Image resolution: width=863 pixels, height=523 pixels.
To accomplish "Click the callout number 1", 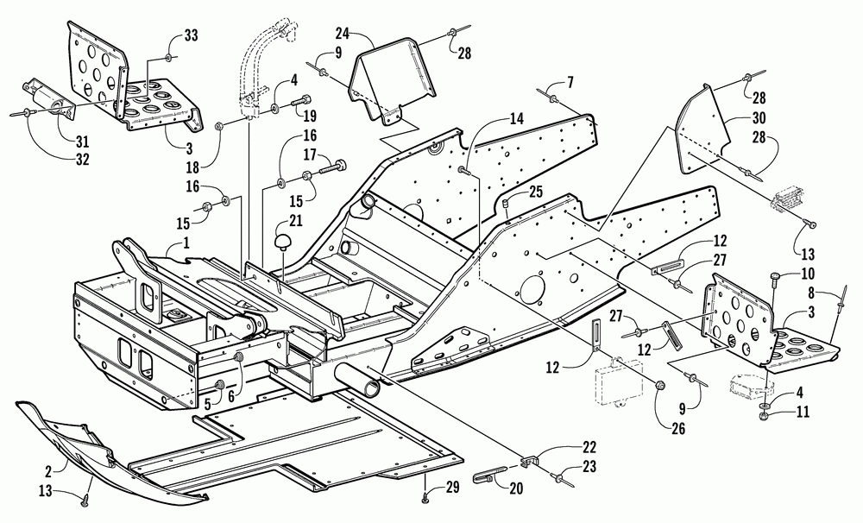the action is coord(186,242).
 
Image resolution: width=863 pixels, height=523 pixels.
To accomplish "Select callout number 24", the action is coord(343,34).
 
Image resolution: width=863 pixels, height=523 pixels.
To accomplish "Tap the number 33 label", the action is coord(191,35).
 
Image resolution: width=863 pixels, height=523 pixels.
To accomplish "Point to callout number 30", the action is coord(759,118).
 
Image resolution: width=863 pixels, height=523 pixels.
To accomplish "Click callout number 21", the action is coord(295,221).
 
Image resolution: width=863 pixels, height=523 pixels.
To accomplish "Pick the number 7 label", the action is coord(570,83).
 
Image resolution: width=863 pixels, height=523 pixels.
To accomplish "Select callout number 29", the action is coord(452,487).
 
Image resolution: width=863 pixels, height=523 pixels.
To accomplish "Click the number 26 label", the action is coord(678,428).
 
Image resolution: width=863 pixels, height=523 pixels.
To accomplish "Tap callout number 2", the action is coord(47,471).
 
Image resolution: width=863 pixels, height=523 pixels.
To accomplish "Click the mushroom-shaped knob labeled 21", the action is coord(283,242).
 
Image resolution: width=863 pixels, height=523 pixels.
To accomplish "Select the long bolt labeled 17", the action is coord(334,163).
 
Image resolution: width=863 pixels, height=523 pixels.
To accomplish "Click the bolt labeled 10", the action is coord(775,279).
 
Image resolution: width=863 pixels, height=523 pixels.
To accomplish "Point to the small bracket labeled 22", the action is coord(528,460).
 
